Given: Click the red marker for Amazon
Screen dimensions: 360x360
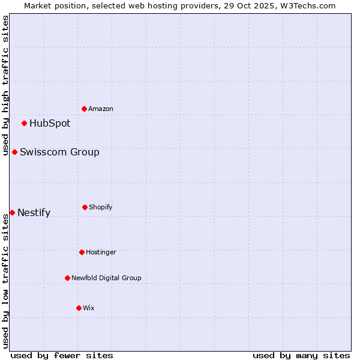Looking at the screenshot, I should coord(84,109).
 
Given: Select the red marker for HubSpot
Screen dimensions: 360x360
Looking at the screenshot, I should coord(24,123).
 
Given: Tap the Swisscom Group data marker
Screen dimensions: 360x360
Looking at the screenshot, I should coord(14,152).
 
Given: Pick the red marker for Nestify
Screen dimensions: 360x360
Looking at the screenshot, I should coord(12,212).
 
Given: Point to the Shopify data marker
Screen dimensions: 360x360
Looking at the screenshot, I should coord(85,207).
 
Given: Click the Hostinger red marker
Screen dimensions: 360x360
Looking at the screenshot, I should coord(82,252).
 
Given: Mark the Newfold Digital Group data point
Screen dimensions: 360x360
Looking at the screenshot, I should coord(67,278).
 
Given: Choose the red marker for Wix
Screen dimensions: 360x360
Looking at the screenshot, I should coord(79,308).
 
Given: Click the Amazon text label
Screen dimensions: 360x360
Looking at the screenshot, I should coord(101,109).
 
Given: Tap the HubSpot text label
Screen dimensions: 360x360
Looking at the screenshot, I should coord(50,123).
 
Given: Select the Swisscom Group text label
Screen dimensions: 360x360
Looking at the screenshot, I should coord(59,152).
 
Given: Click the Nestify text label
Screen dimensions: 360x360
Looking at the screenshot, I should coord(34,212).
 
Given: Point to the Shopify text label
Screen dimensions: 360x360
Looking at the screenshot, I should coord(101,207).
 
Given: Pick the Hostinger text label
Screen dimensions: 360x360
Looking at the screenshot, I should coord(101,252).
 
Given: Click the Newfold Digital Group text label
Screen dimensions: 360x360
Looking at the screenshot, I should coord(106,278).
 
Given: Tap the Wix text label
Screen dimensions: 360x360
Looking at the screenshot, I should coord(89,308).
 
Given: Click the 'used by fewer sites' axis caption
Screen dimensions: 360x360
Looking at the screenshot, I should coord(62,355).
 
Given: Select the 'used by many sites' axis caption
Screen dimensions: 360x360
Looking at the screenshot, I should coord(301,355).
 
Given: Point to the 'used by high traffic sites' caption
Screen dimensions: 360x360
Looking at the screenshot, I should coord(5,85).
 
